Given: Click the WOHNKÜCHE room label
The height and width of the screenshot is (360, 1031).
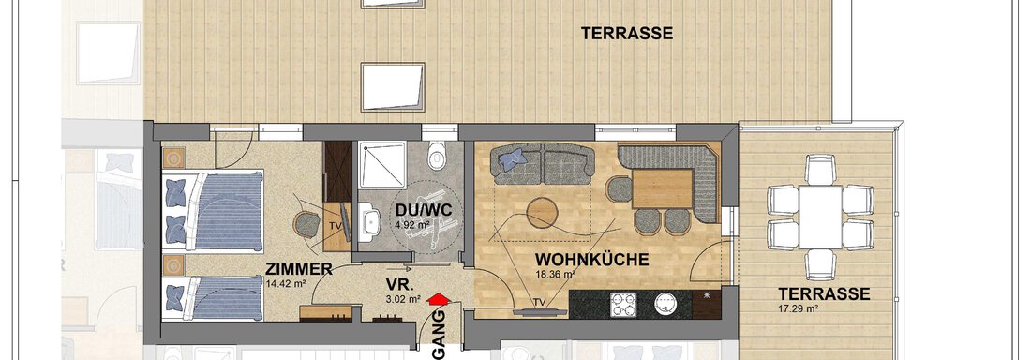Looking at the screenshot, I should [x=592, y=259].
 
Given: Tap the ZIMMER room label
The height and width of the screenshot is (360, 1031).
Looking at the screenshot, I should [x=300, y=270].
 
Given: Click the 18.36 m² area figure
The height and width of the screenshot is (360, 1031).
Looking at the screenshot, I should [x=556, y=275].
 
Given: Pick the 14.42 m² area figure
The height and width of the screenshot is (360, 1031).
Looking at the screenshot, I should [x=287, y=283].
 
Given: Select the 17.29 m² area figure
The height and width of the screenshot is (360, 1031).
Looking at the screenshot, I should [x=798, y=307].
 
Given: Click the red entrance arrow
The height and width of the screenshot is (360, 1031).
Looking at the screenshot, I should [x=436, y=300].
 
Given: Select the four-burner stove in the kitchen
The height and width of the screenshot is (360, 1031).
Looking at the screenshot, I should [x=623, y=304].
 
